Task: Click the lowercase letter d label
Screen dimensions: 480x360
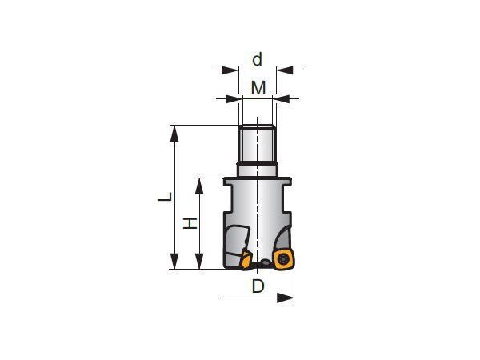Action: pyautogui.click(x=257, y=59)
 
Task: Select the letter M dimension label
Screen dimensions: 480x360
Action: pyautogui.click(x=258, y=88)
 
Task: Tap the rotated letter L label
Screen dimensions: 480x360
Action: pyautogui.click(x=165, y=197)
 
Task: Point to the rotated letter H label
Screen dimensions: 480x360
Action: pyautogui.click(x=190, y=223)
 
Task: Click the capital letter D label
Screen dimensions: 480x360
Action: pyautogui.click(x=258, y=286)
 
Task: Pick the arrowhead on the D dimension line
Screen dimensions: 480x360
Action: pyautogui.click(x=286, y=298)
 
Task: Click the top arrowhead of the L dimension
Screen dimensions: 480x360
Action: pyautogui.click(x=174, y=133)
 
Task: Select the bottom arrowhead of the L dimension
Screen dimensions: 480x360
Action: pyautogui.click(x=174, y=262)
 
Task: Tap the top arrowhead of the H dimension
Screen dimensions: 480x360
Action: pyautogui.click(x=199, y=186)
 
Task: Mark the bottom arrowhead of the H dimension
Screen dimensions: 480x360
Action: pyautogui.click(x=199, y=262)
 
